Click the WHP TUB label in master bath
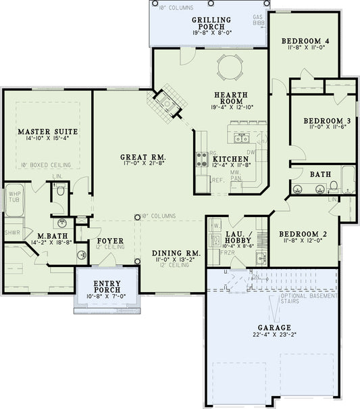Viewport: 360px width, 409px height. pyautogui.click(x=15, y=197)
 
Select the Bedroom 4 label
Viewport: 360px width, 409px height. pyautogui.click(x=305, y=41)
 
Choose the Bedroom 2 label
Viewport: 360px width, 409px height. pyautogui.click(x=303, y=235)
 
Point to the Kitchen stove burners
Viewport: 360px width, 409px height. pyautogui.click(x=201, y=160)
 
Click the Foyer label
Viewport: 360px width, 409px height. pyautogui.click(x=109, y=240)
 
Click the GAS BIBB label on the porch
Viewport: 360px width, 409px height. pyautogui.click(x=257, y=20)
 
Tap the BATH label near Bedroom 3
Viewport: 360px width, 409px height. pyautogui.click(x=320, y=174)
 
